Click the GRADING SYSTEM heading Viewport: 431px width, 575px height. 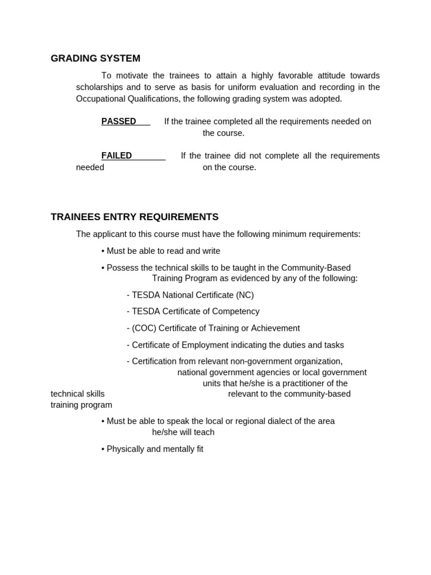tap(95, 58)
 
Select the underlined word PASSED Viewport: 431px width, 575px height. tap(118, 121)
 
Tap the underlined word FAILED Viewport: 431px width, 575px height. tap(117, 156)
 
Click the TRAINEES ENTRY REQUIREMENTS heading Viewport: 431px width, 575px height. tap(135, 217)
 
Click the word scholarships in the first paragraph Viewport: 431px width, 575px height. tap(100, 87)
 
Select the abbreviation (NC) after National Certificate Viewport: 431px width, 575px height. tap(245, 295)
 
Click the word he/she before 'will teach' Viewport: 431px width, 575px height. tap(166, 432)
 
